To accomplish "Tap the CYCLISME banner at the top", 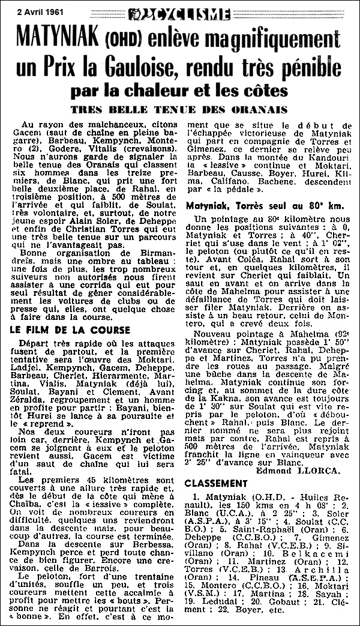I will pyautogui.click(x=180, y=13).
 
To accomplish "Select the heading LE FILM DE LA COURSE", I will pyautogui.click(x=70, y=330).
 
